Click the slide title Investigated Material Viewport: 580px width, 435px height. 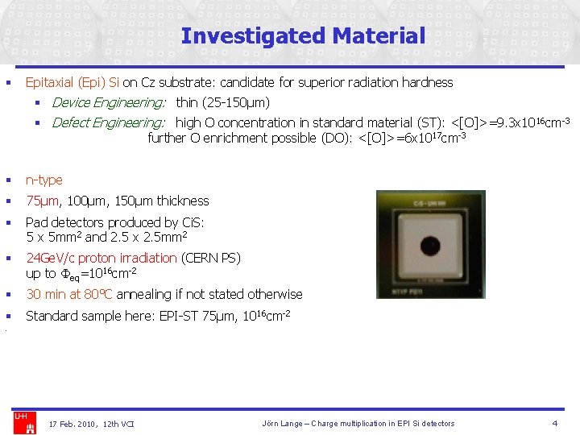[x=303, y=36]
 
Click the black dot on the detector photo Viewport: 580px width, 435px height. [x=430, y=246]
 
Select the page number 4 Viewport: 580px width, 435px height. [x=554, y=423]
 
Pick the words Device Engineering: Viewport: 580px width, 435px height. [x=109, y=102]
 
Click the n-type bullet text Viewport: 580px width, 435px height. [x=43, y=180]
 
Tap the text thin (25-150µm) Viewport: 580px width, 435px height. [x=222, y=102]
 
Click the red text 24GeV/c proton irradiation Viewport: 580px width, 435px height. [x=101, y=258]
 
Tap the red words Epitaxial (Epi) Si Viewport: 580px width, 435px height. [x=72, y=82]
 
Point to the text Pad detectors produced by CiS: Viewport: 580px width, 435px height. [x=115, y=222]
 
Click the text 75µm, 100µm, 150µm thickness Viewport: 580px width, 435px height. [x=118, y=201]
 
